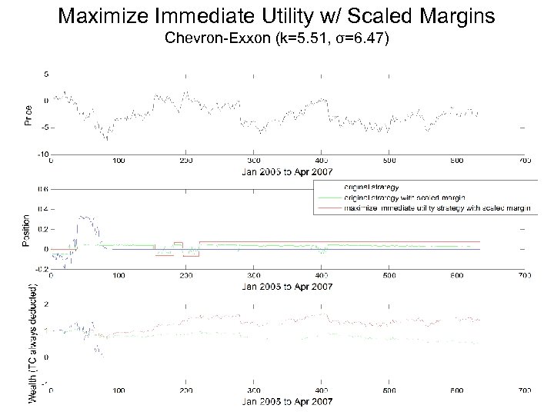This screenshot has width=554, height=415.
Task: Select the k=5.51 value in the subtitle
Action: [x=300, y=38]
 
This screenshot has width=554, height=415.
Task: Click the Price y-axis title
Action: [x=29, y=115]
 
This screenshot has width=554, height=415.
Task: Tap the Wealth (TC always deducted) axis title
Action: [x=34, y=343]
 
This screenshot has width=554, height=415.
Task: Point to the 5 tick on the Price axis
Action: [x=46, y=75]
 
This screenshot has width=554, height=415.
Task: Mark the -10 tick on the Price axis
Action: [x=44, y=154]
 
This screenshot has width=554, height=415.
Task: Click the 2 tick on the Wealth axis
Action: [x=46, y=304]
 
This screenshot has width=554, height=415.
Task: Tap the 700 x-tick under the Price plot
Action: [x=524, y=161]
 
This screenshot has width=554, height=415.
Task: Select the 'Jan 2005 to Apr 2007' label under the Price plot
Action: [x=282, y=171]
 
